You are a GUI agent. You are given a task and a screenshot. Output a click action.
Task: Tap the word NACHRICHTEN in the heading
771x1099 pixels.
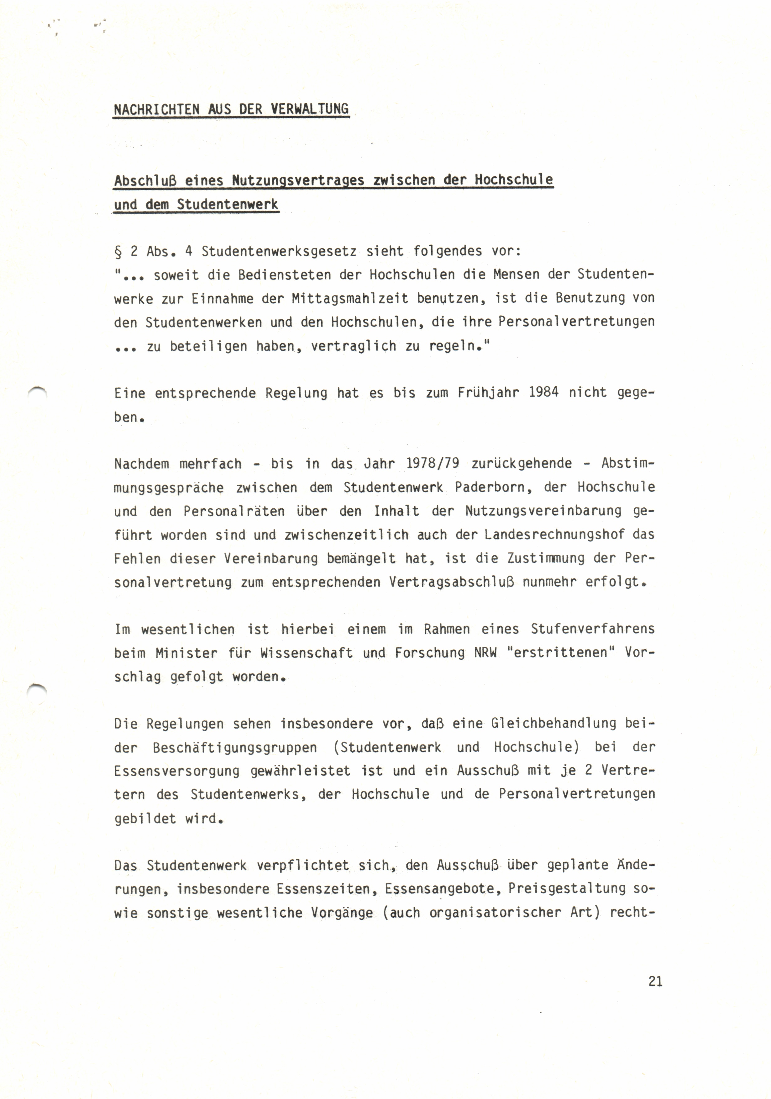pyautogui.click(x=156, y=109)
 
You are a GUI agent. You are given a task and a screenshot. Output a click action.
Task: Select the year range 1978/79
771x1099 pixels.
pyautogui.click(x=433, y=464)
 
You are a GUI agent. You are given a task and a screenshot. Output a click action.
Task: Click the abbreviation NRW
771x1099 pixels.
pyautogui.click(x=486, y=653)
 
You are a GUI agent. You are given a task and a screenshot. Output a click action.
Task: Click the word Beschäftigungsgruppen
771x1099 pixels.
pyautogui.click(x=235, y=748)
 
